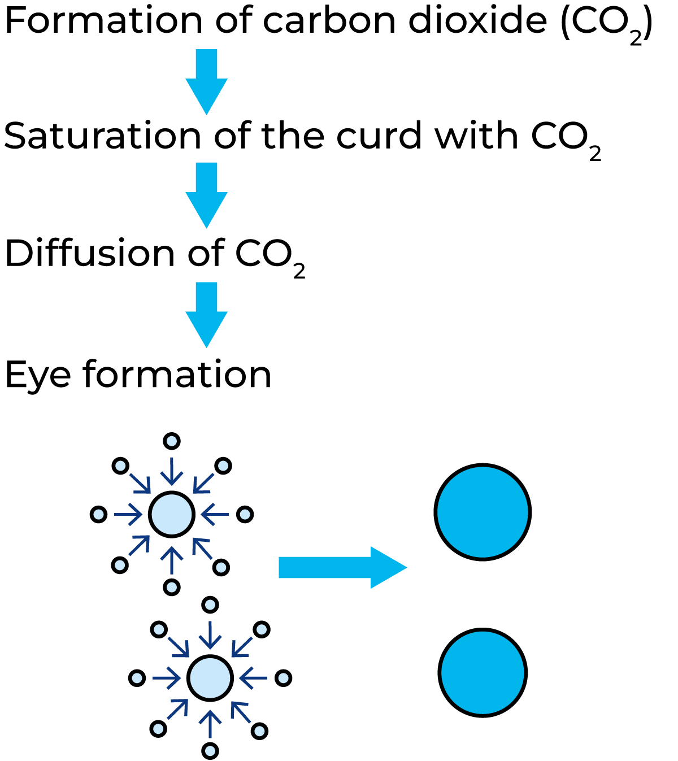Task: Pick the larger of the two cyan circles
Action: tap(483, 512)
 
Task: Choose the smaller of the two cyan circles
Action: tap(483, 672)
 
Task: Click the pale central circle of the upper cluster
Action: tap(172, 514)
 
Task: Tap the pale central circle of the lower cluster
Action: tap(210, 678)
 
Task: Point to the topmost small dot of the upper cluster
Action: tap(172, 441)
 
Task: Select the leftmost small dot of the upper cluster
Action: tap(98, 514)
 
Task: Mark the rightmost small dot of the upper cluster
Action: tap(245, 514)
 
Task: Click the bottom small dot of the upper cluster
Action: tap(172, 587)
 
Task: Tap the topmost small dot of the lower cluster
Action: tap(210, 605)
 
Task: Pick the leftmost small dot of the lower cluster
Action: tap(137, 678)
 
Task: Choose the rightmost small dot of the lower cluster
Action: tap(283, 678)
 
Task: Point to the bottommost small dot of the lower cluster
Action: tap(210, 751)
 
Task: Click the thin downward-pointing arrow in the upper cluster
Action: tap(172, 472)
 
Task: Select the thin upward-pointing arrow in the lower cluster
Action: tap(210, 724)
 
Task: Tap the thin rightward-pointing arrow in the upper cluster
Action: tap(128, 514)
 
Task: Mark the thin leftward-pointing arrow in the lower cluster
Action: tap(253, 678)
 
